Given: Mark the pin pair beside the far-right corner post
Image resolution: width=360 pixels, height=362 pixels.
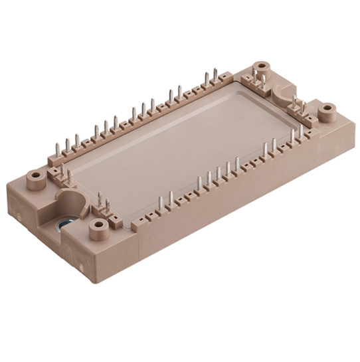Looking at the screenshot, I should [x=298, y=106].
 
